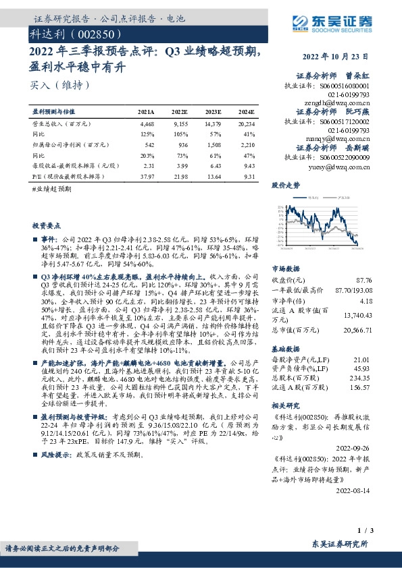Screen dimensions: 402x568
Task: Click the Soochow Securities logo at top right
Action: click(x=333, y=24)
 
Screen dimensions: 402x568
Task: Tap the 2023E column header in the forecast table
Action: click(x=212, y=111)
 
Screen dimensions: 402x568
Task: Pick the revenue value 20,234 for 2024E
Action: click(x=245, y=125)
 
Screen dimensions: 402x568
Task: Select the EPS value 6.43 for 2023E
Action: click(x=214, y=165)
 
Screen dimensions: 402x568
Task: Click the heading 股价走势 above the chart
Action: click(x=286, y=183)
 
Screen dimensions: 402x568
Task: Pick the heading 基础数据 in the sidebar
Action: click(x=286, y=351)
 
